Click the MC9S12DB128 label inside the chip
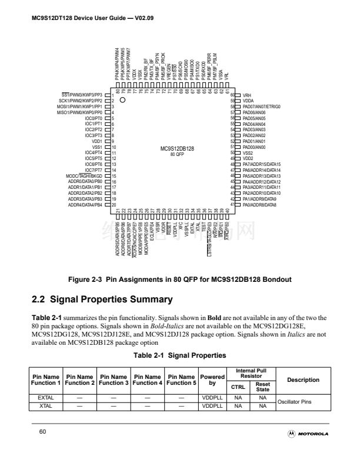pos(177,148)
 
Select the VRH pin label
pos(247,95)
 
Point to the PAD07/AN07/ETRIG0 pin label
pos(262,106)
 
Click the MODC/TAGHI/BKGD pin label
pos(85,175)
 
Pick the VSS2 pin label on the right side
pos(248,152)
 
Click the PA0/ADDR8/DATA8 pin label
pos(261,204)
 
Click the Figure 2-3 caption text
pos(179,278)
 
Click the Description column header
pos(303,380)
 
